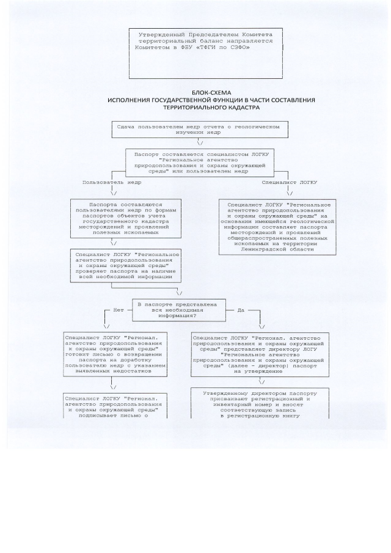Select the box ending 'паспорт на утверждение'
tap(260, 354)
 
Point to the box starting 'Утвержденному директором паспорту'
tap(260, 403)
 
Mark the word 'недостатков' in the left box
tap(134, 371)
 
